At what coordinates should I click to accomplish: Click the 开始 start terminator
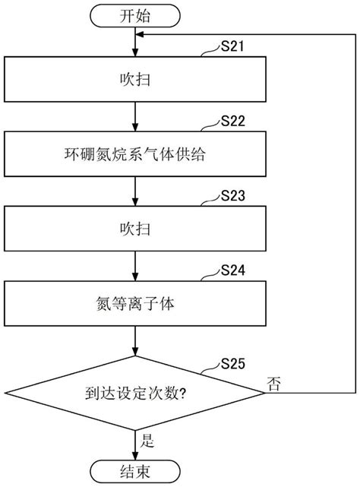(135, 16)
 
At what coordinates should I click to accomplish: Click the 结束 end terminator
(135, 472)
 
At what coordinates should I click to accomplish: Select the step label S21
(232, 46)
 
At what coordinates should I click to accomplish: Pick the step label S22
(232, 121)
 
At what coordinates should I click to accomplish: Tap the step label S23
(232, 196)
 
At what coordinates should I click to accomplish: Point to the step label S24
(232, 270)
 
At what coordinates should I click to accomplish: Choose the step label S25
(232, 364)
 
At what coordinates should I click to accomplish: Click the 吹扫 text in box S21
(135, 80)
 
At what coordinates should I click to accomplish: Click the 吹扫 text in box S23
(135, 229)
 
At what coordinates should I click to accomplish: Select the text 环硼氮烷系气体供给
(134, 154)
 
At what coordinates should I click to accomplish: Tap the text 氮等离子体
(134, 304)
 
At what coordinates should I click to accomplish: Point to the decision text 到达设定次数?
(135, 394)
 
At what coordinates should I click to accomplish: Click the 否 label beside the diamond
(274, 384)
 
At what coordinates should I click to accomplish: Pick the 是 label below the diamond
(147, 441)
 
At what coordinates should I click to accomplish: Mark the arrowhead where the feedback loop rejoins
(140, 34)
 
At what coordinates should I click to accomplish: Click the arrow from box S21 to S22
(135, 116)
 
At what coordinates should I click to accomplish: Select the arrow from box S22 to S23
(135, 191)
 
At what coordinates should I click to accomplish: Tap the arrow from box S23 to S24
(135, 266)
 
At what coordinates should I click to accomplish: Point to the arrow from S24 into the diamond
(135, 340)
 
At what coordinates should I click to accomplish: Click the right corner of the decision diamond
(266, 393)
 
